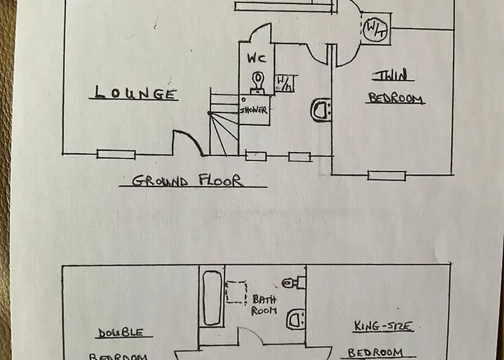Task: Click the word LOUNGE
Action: [x=135, y=93]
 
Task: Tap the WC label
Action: [x=257, y=58]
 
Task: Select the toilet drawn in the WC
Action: [x=257, y=81]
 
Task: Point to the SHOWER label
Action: [x=253, y=110]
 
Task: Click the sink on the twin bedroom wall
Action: [x=322, y=109]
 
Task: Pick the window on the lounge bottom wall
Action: [x=116, y=154]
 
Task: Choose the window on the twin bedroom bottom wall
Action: [x=387, y=175]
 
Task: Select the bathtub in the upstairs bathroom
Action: [x=212, y=297]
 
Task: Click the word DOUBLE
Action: [x=119, y=333]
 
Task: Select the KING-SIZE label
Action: [x=384, y=327]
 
